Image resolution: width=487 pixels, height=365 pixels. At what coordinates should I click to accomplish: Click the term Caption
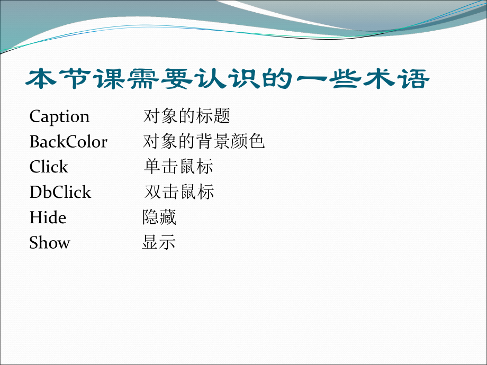[x=59, y=116]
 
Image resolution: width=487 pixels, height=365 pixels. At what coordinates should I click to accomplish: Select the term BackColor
[x=68, y=142]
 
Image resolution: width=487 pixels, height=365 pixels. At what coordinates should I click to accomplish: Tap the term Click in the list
[x=49, y=167]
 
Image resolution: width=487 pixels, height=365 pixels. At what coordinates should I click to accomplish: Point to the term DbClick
[x=60, y=192]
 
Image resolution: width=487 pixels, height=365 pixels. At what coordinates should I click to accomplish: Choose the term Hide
[x=48, y=217]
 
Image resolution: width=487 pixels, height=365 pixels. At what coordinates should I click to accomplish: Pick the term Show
[x=50, y=243]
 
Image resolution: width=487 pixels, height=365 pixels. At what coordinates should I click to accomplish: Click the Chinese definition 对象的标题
[x=187, y=116]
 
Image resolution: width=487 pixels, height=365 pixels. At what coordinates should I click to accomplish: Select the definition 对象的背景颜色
[x=204, y=141]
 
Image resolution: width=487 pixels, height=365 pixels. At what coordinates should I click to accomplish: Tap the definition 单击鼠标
[x=178, y=167]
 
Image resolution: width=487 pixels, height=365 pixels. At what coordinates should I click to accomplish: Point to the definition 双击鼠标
[x=179, y=192]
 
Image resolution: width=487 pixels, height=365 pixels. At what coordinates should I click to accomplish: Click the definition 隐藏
[x=159, y=217]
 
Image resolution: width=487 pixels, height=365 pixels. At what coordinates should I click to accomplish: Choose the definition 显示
[x=159, y=243]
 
